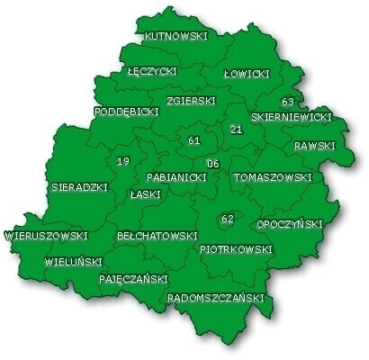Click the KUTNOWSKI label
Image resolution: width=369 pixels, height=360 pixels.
coord(176,37)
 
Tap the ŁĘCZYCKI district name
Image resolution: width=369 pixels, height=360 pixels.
coord(152,70)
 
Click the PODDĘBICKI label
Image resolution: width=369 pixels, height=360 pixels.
coord(126,112)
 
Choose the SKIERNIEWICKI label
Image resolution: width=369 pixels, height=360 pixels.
coord(292,117)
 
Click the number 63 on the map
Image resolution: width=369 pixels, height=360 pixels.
coord(288,102)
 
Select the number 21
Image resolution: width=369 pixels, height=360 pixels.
coord(237,130)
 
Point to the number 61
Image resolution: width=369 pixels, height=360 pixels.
coord(194,141)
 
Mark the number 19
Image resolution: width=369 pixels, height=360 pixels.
coord(123,161)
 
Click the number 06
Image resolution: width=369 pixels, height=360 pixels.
coord(212,164)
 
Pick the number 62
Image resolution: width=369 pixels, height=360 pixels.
coord(227,219)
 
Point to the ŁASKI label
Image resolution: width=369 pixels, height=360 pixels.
coord(145,193)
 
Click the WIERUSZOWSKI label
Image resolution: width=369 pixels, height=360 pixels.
coord(46,236)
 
